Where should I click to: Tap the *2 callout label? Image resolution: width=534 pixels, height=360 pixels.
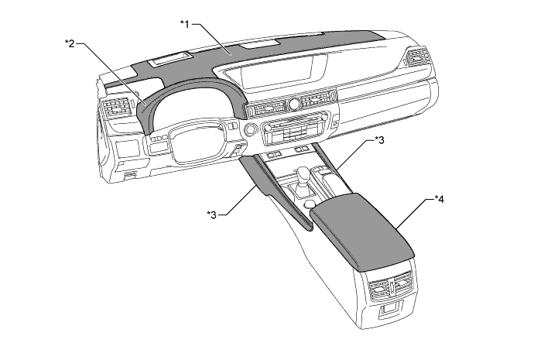[x=70, y=44]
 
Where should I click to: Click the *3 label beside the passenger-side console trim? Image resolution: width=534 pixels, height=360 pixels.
[x=378, y=140]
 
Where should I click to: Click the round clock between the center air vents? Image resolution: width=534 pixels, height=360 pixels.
[x=293, y=104]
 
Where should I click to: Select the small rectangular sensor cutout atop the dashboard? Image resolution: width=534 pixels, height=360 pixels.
[x=171, y=58]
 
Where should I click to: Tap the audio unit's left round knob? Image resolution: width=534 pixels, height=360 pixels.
[x=270, y=126]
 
